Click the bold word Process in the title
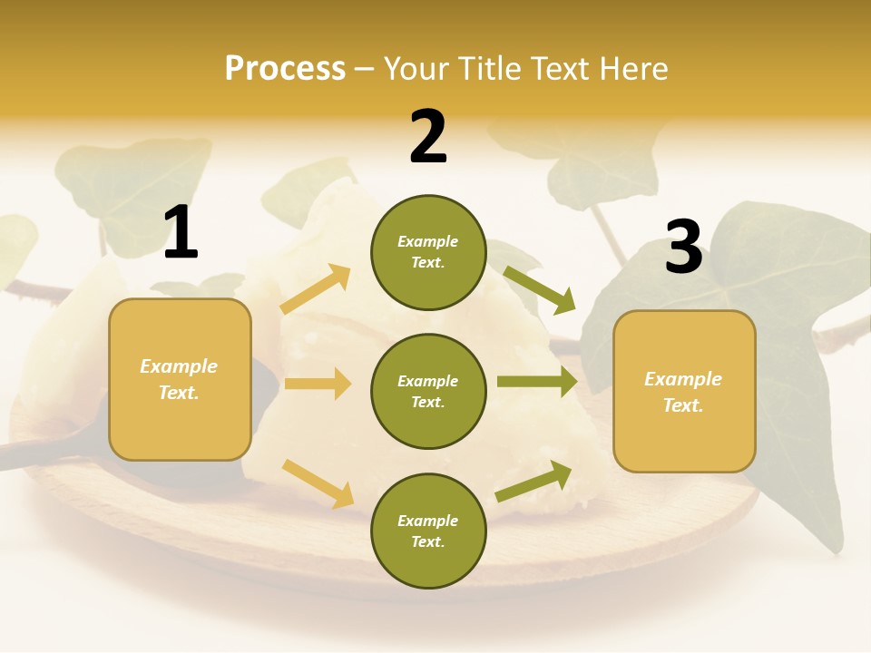[x=285, y=69]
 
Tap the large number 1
[x=181, y=234]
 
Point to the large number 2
[x=428, y=137]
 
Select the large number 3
[x=683, y=247]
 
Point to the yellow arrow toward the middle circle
[x=318, y=384]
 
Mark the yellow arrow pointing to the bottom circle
[x=318, y=483]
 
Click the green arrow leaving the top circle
[x=539, y=289]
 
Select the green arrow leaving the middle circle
[x=537, y=382]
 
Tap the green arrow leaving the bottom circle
[x=534, y=482]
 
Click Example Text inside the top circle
[x=428, y=252]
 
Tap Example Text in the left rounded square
[x=180, y=379]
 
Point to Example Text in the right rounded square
[x=684, y=392]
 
